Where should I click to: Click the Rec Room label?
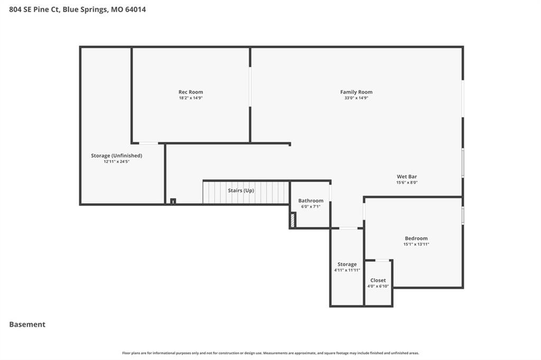(x=190, y=92)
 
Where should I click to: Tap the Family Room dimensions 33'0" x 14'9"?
(x=356, y=98)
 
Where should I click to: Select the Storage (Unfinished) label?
(x=116, y=156)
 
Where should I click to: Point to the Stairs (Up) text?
(x=241, y=191)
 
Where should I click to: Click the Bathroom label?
(x=311, y=201)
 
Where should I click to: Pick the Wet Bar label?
(x=407, y=176)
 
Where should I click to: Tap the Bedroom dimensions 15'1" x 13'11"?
(x=416, y=244)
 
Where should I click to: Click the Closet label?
(x=378, y=280)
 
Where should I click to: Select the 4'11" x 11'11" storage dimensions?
(x=347, y=270)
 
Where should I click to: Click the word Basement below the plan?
(x=27, y=325)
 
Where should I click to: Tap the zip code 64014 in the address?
(x=135, y=10)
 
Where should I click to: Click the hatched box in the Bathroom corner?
(x=293, y=220)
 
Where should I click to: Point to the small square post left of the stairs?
(x=173, y=201)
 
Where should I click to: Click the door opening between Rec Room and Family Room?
(x=250, y=87)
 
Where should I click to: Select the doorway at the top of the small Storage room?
(x=348, y=228)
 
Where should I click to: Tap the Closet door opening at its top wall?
(x=382, y=260)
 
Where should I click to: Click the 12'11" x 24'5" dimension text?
(x=116, y=162)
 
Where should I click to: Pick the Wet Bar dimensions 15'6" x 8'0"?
(x=407, y=183)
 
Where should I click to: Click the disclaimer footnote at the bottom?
(x=270, y=353)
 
